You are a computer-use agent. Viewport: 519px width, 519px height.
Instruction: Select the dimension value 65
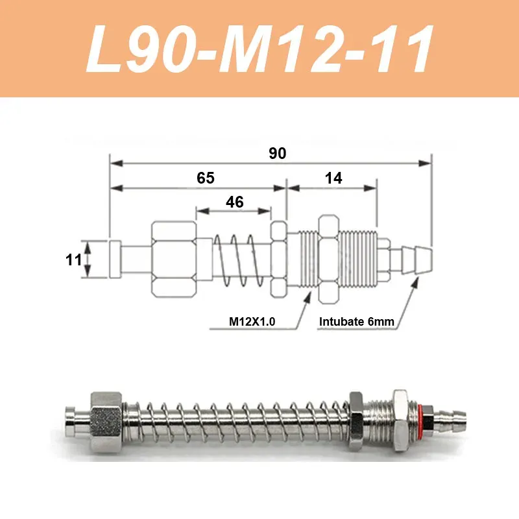[x=205, y=178]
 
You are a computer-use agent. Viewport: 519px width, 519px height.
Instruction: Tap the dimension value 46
[x=234, y=202]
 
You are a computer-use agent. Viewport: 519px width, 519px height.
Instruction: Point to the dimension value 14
[x=333, y=178]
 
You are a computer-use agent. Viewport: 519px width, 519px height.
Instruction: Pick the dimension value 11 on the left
[x=74, y=260]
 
